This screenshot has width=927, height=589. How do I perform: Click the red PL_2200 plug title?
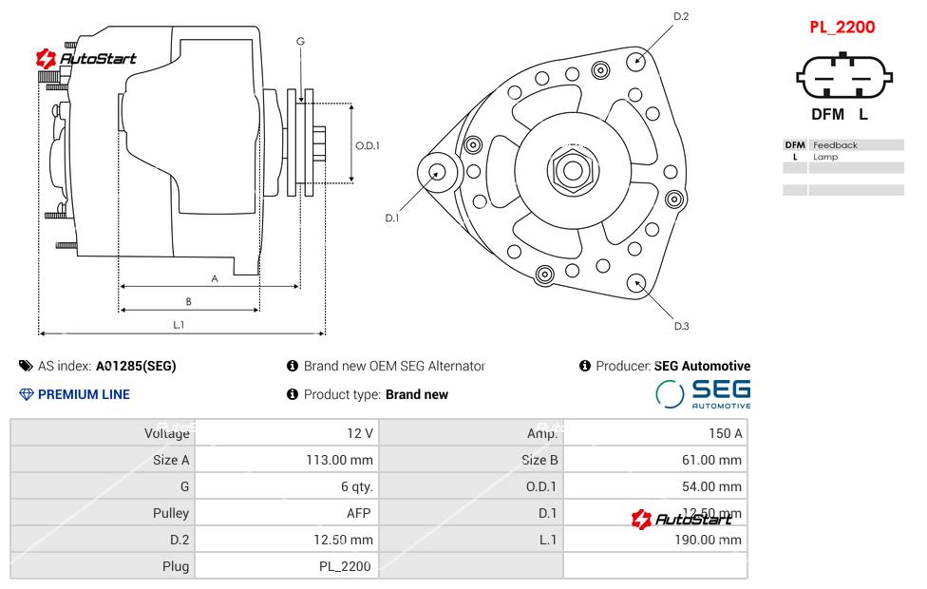pyautogui.click(x=842, y=28)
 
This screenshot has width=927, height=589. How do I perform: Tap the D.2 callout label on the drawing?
pyautogui.click(x=681, y=16)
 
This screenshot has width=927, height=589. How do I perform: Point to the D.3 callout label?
pyautogui.click(x=681, y=326)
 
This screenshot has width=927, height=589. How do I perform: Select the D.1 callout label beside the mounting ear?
pyautogui.click(x=391, y=218)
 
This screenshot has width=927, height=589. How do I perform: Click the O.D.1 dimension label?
pyautogui.click(x=368, y=145)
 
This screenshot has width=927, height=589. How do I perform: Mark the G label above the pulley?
pyautogui.click(x=300, y=41)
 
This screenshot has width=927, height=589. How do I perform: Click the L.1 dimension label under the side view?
pyautogui.click(x=179, y=324)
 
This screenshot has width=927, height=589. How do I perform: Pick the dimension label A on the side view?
pyautogui.click(x=215, y=278)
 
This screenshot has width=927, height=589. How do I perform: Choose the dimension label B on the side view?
pyautogui.click(x=189, y=301)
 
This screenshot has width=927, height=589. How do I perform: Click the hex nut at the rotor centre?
pyautogui.click(x=572, y=171)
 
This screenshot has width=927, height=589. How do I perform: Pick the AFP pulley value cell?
pyautogui.click(x=358, y=513)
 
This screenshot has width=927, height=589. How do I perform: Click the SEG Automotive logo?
pyautogui.click(x=704, y=393)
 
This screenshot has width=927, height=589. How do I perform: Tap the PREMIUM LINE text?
pyautogui.click(x=84, y=394)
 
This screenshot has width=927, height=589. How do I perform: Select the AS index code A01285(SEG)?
pyautogui.click(x=136, y=366)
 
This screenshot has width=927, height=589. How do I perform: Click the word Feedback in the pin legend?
pyautogui.click(x=835, y=145)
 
